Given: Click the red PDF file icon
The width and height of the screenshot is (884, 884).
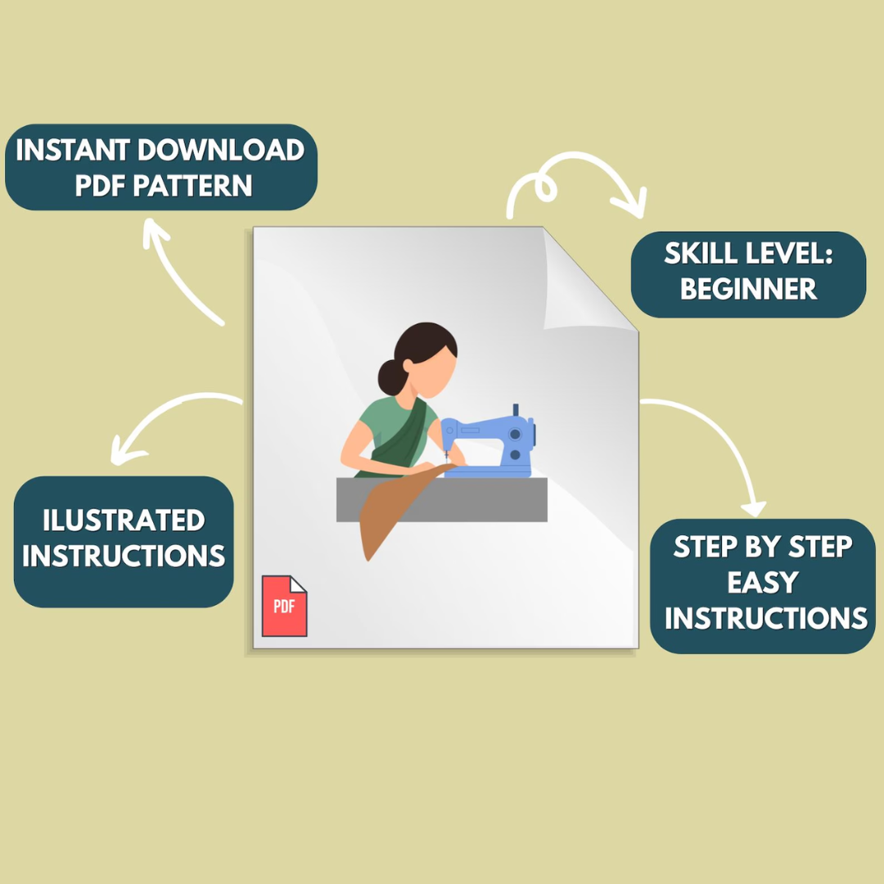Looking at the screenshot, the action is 284,606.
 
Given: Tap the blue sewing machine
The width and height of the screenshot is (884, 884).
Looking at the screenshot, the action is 488,441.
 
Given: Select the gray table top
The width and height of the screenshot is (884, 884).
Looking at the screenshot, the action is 442,499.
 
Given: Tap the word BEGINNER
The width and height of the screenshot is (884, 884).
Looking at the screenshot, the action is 748,289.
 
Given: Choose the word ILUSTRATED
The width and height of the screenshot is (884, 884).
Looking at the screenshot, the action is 124,520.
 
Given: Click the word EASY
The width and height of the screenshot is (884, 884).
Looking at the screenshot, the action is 763,582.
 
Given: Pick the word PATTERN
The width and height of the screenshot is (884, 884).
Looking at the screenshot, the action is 192,186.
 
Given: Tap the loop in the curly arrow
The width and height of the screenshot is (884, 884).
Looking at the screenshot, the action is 545,186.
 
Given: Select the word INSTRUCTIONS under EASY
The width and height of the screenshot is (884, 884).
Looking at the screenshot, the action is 765,618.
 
